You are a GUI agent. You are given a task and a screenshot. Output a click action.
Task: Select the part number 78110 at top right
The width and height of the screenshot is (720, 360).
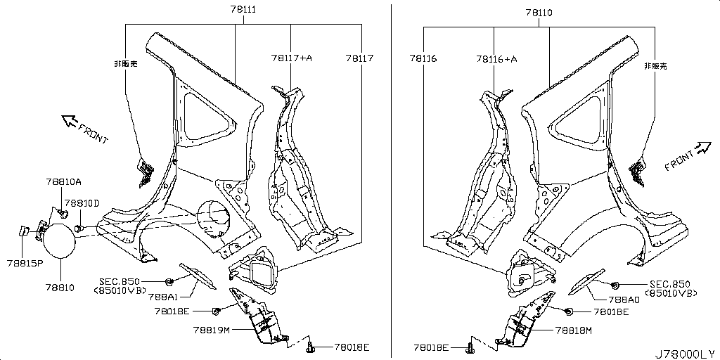[x=539, y=13]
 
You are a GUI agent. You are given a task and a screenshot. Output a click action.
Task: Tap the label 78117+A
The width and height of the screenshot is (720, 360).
[x=292, y=58]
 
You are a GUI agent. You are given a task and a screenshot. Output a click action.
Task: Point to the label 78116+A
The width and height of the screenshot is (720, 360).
[x=497, y=59]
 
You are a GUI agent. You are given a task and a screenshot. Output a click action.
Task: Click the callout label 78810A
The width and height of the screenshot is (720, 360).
[x=63, y=182]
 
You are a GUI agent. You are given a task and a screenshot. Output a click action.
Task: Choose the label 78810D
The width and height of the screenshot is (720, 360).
[x=82, y=202]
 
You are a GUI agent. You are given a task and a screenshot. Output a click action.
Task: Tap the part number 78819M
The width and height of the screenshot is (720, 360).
[x=211, y=330]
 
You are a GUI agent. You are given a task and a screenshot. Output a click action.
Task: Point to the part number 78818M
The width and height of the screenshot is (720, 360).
[x=574, y=330]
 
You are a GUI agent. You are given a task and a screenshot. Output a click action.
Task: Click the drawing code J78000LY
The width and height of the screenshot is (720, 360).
[x=686, y=354]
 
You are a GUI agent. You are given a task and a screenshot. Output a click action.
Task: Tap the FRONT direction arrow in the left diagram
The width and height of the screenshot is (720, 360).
[x=70, y=121]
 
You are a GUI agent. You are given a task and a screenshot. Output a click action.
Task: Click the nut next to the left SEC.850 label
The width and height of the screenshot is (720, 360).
[x=169, y=281]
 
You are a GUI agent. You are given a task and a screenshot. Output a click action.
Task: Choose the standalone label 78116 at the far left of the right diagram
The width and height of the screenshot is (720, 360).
[x=423, y=59]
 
